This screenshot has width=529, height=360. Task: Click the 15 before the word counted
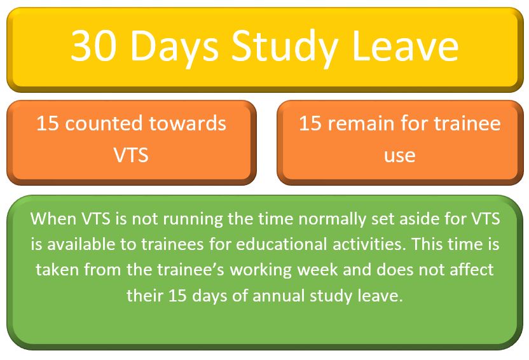point(48,123)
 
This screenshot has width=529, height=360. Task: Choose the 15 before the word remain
point(310,123)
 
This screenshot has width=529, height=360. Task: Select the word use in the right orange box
point(399,154)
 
